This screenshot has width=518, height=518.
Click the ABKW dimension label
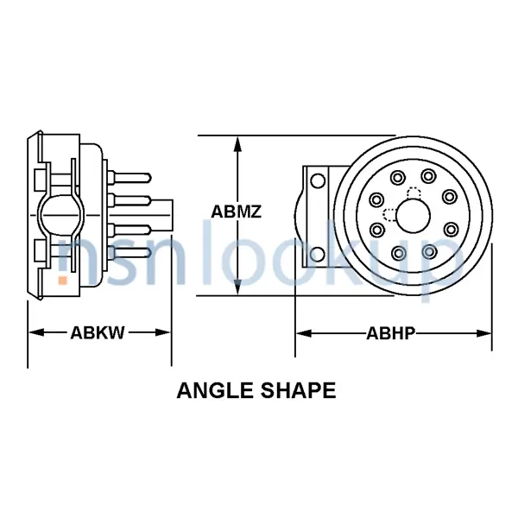pos(98,332)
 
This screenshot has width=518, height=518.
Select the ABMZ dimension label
pos(237,212)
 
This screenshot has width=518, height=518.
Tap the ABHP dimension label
pos(394,332)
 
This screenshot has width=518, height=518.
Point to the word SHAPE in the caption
pos(300,390)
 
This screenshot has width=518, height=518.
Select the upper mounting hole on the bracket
pos(318,181)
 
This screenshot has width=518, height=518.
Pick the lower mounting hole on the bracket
pos(318,254)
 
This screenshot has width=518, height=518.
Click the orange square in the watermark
pos(63,280)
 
